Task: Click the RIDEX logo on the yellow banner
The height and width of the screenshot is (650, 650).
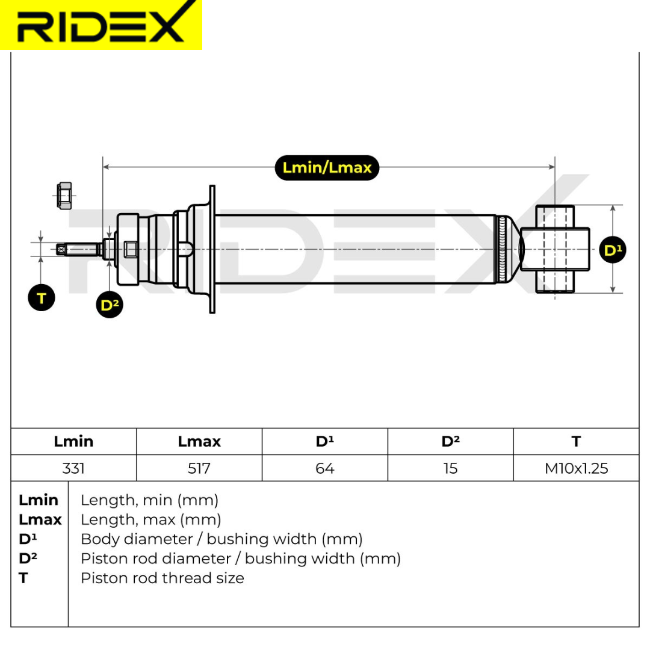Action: [x=101, y=25]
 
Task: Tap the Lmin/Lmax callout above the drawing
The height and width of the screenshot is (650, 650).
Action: [x=327, y=167]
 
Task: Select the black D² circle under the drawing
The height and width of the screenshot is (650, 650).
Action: [x=109, y=305]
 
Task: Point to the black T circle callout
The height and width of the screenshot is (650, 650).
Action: [x=42, y=298]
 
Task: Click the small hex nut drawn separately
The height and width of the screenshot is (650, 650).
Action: [x=63, y=196]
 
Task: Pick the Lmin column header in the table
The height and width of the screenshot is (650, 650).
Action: [x=73, y=441]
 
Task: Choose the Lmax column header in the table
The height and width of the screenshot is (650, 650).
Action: [x=199, y=441]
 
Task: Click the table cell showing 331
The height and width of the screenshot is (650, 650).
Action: [x=73, y=468]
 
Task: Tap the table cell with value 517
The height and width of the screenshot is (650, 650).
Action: [x=199, y=468]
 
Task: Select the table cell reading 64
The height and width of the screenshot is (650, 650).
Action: [x=325, y=468]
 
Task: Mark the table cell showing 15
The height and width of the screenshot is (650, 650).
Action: [x=450, y=468]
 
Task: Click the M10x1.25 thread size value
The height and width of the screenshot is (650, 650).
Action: [x=576, y=468]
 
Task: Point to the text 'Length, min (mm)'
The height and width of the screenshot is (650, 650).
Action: [x=149, y=500]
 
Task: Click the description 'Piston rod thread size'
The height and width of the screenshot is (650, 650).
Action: [x=162, y=578]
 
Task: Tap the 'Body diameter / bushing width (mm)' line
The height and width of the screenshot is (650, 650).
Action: [x=221, y=539]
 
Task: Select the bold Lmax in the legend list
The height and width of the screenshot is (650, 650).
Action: [x=40, y=519]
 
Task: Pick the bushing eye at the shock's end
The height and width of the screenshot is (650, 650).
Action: [x=555, y=249]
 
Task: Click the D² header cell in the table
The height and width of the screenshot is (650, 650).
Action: [x=450, y=441]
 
